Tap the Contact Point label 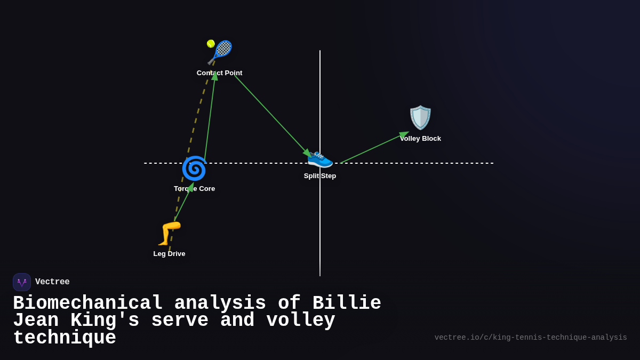click(x=219, y=73)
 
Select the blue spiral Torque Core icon click(x=194, y=169)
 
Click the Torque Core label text click(x=194, y=189)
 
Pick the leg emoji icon click(x=170, y=233)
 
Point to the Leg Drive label click(x=169, y=254)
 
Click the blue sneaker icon click(x=320, y=158)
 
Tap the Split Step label click(x=320, y=176)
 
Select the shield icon click(x=420, y=117)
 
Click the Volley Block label click(x=420, y=139)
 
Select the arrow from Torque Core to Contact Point click(x=210, y=118)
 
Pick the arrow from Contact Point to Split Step click(x=272, y=116)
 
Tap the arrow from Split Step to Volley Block click(x=373, y=148)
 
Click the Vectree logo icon click(x=22, y=282)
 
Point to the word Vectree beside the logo click(x=52, y=282)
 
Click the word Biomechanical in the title click(x=88, y=303)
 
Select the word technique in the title click(x=65, y=338)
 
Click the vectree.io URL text click(x=531, y=338)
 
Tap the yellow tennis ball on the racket click(x=211, y=44)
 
